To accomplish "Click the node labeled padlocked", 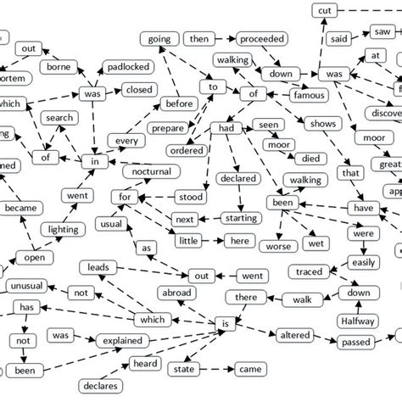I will [x=128, y=67].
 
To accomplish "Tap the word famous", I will [x=307, y=97].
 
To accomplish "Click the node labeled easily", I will [x=364, y=263].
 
